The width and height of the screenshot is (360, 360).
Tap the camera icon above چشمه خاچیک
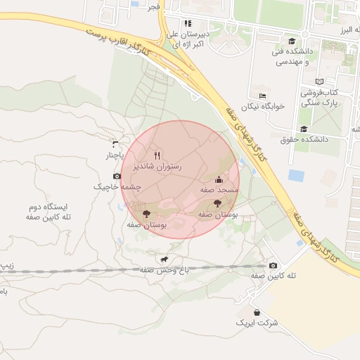(x=117, y=176)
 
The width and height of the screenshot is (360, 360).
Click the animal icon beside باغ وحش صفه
(x=165, y=258)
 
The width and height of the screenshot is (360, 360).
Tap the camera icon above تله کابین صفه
(x=273, y=265)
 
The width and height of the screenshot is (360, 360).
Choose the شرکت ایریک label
(x=258, y=323)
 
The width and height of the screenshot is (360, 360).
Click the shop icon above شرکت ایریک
(x=257, y=311)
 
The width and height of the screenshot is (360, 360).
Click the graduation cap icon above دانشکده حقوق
(x=304, y=129)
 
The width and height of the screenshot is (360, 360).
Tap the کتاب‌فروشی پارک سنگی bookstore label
(x=320, y=97)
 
